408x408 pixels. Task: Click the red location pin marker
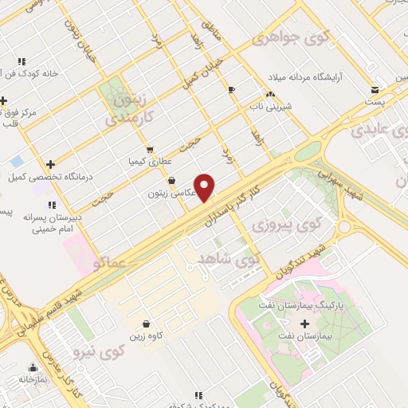pos(205,187)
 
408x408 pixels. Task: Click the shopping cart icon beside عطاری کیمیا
pos(150,149)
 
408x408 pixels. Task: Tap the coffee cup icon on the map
pos(232,89)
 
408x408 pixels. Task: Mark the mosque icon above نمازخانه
pos(33,367)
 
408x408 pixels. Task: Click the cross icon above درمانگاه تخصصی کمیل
pos(50,163)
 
